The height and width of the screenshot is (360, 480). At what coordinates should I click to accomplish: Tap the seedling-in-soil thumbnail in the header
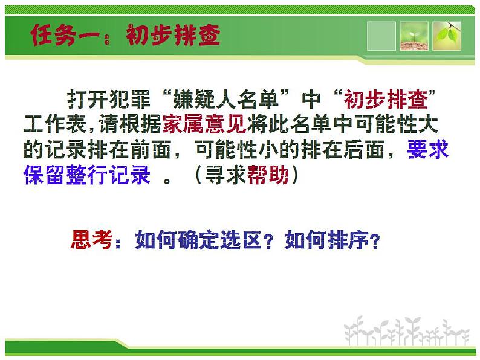414,36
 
